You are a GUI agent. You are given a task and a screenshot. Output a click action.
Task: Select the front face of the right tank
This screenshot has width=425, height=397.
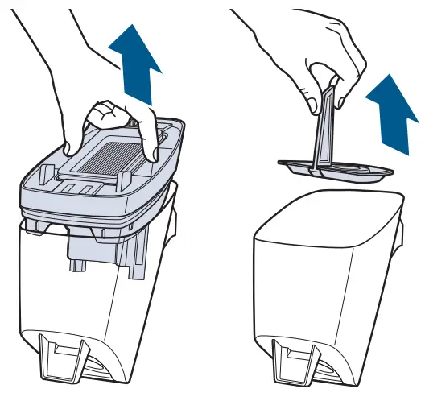point(306,282)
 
